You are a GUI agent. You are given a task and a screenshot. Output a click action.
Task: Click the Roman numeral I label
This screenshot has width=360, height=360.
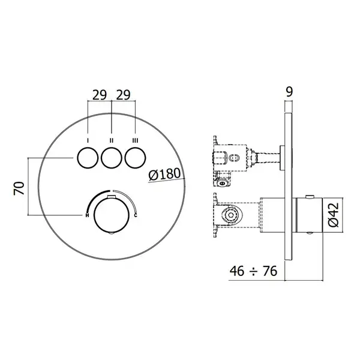[88, 140]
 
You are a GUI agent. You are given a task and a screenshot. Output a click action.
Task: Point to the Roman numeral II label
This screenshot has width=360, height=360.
[112, 140]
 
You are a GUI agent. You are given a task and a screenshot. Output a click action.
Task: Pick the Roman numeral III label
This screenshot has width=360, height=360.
[136, 140]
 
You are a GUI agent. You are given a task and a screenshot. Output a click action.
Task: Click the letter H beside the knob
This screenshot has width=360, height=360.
[87, 215]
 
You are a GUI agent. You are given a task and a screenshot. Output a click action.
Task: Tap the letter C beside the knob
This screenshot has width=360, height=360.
[136, 215]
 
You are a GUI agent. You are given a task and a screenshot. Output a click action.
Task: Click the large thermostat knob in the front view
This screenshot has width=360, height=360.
[112, 215]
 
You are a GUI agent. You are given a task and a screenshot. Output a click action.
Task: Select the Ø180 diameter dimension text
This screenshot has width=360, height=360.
[164, 174]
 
